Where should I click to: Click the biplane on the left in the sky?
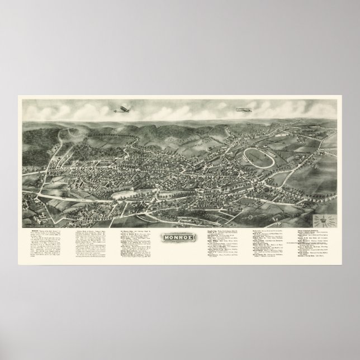(122, 109)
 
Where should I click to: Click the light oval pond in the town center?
(126, 195)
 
